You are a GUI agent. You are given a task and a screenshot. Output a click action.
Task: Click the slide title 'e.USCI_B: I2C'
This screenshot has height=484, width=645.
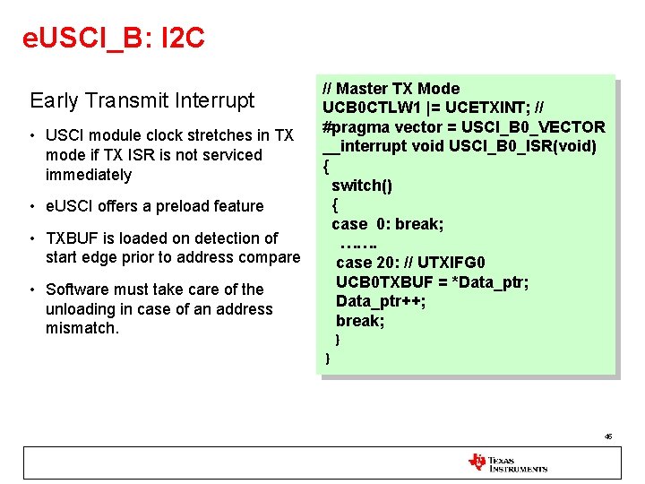(114, 38)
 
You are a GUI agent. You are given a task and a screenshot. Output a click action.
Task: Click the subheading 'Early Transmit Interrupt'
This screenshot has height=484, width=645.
(142, 100)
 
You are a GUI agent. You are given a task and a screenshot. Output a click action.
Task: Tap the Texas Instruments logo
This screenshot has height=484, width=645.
(507, 462)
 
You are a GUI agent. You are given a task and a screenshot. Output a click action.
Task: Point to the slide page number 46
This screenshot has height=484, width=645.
(608, 436)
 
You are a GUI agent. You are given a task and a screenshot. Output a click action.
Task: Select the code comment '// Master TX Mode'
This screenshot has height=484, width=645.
(391, 89)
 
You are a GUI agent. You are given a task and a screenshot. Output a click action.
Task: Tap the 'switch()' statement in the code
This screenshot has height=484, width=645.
(361, 186)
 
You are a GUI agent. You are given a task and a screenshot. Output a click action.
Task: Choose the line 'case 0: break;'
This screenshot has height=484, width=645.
(387, 224)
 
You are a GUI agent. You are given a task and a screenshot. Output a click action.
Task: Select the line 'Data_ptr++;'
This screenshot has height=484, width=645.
(381, 301)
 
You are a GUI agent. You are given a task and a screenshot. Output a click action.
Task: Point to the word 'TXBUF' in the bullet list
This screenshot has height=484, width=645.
(72, 238)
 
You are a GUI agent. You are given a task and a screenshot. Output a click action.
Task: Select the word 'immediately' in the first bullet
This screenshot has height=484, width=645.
(89, 175)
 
